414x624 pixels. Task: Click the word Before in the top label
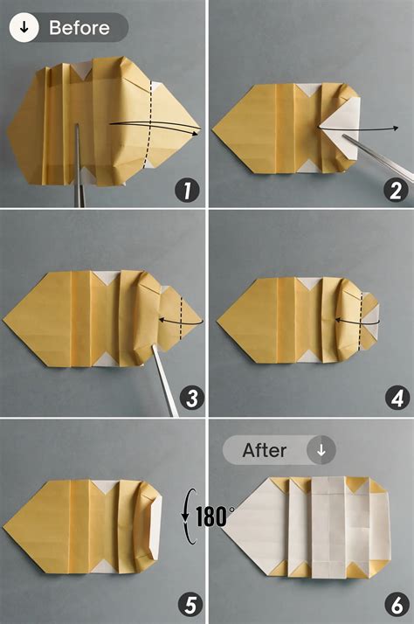point(79,27)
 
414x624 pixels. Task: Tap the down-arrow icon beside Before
point(24,27)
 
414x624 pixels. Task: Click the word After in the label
point(265,451)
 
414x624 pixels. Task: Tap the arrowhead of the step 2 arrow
point(397,128)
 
